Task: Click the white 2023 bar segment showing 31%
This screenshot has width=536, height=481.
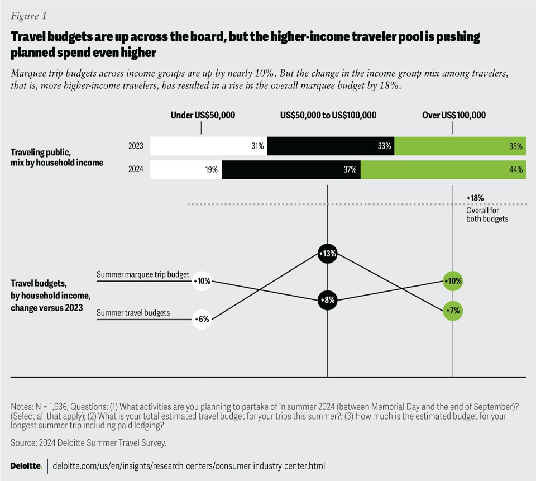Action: tap(208, 146)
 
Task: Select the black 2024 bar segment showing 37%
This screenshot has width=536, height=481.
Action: tap(291, 170)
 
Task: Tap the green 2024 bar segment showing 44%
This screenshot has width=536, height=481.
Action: tap(443, 170)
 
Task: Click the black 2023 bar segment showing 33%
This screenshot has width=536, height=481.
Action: tap(331, 146)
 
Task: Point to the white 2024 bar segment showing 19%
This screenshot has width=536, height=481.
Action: tap(186, 170)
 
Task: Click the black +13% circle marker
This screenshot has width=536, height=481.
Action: tap(327, 253)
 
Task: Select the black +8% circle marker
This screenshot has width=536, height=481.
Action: tap(327, 300)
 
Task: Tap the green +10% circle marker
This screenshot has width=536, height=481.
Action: tap(452, 281)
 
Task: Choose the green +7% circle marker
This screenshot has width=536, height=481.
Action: tap(452, 310)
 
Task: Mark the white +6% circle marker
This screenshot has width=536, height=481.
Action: tap(201, 320)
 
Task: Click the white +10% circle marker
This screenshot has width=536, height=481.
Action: tap(201, 281)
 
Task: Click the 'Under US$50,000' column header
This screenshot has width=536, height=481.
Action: tap(203, 116)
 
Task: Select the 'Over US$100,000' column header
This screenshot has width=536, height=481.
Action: tap(453, 116)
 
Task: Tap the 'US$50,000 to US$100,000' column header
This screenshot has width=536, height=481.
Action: tap(328, 116)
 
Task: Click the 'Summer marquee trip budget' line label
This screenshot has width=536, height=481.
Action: tap(143, 275)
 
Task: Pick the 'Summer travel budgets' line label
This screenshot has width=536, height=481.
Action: tap(133, 313)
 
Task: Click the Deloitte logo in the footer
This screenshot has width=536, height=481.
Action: tap(26, 465)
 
